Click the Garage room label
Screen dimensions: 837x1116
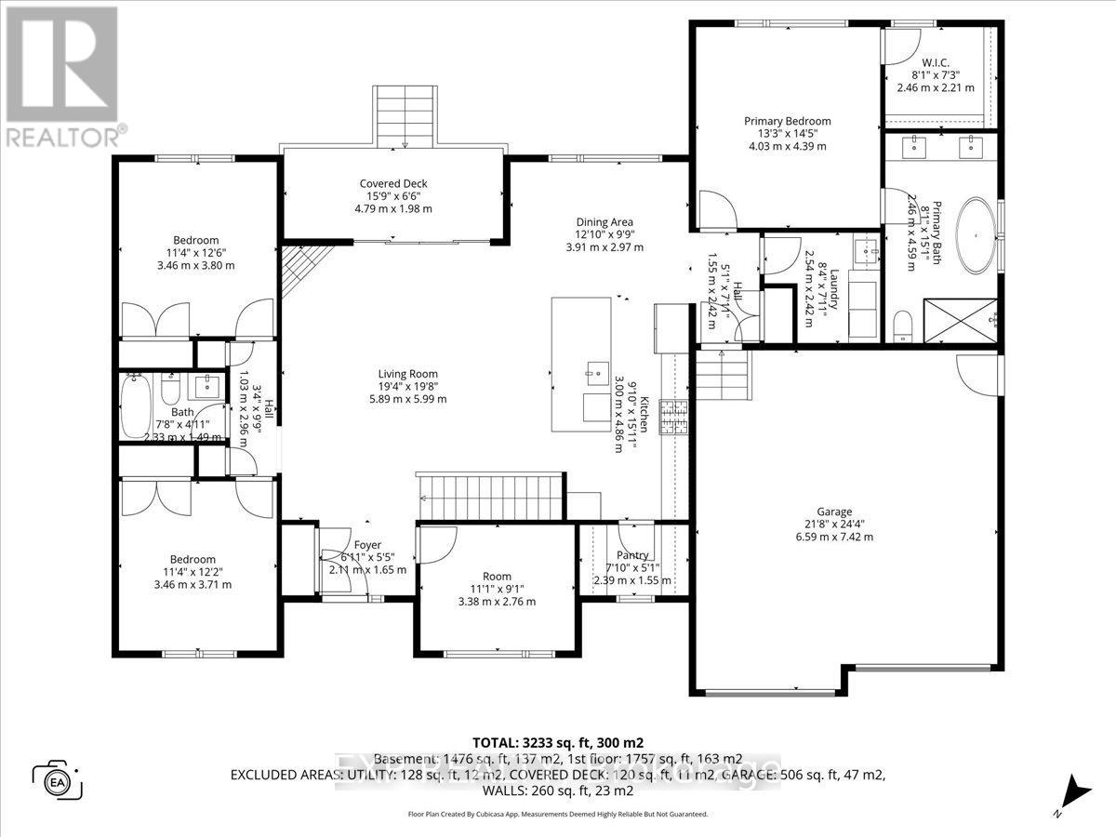point(834,511)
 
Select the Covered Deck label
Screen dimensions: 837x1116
point(393,183)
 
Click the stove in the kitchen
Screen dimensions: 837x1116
point(674,418)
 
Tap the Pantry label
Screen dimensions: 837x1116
point(632,529)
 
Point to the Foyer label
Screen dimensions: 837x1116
point(366,545)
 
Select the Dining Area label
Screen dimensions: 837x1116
point(604,222)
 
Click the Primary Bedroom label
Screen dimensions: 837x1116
point(787,121)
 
